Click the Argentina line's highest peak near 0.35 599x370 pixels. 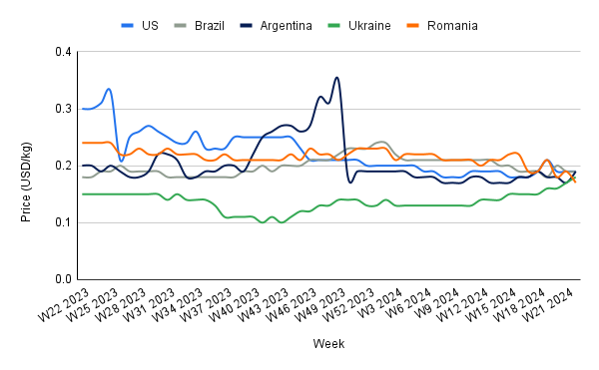point(337,78)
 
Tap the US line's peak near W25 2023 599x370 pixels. point(109,89)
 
